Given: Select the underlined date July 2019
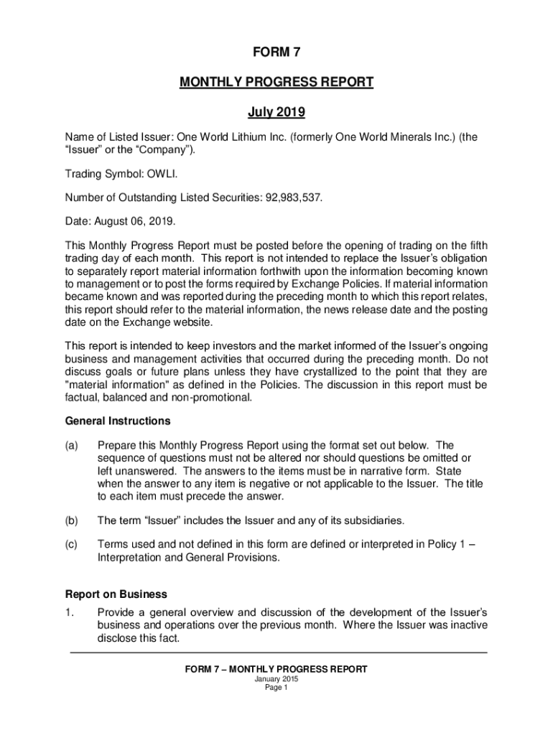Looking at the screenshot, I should [276, 112].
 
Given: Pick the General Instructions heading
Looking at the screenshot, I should [118, 421].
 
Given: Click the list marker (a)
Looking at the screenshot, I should [72, 446].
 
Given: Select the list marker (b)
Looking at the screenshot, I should [72, 520].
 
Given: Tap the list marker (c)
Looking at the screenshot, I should [72, 544].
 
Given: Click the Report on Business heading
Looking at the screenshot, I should [116, 594].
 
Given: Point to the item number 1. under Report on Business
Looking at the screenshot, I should [70, 613].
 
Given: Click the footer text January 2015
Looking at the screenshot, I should [276, 679].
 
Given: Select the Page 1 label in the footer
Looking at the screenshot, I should [276, 688].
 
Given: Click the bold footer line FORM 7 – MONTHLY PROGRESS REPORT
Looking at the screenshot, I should [276, 669].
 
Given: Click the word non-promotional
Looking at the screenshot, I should [210, 397].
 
